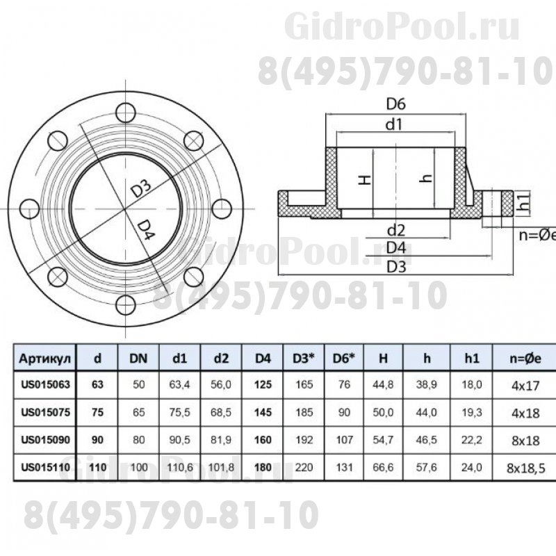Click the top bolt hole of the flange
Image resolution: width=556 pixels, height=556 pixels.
pyautogui.click(x=126, y=113)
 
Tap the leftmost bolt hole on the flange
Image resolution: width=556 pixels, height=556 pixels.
pyautogui.click(x=29, y=208)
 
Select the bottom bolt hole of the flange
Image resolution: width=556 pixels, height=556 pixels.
pyautogui.click(x=126, y=305)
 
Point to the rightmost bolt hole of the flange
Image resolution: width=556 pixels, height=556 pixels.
pyautogui.click(x=222, y=208)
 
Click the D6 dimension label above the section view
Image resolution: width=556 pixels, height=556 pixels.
pyautogui.click(x=395, y=104)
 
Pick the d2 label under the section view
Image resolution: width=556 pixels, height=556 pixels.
pyautogui.click(x=395, y=231)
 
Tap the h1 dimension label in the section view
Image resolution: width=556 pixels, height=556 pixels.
pyautogui.click(x=524, y=202)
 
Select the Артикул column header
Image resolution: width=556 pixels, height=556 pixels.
pyautogui.click(x=45, y=359)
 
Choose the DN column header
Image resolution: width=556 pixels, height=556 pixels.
pyautogui.click(x=138, y=359)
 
